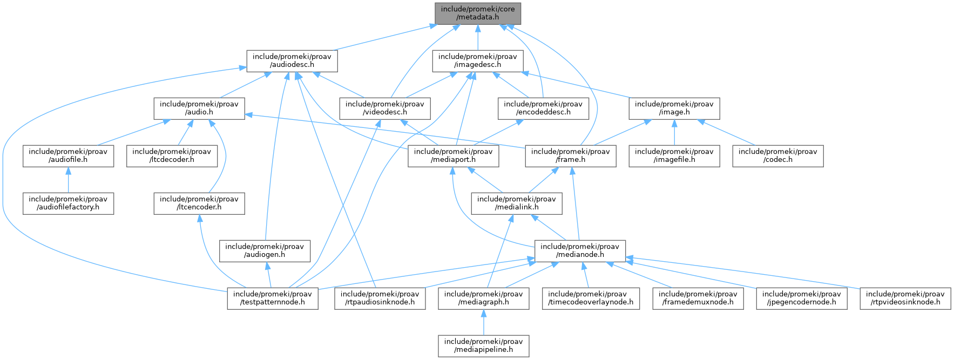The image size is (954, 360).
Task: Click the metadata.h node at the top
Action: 477,13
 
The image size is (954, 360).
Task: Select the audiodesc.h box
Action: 292,61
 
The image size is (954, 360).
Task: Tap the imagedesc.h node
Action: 477,61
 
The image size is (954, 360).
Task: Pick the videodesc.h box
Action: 384,108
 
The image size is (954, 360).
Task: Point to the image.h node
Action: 674,108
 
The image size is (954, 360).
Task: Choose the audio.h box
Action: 199,108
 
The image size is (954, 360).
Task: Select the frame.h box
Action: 571,156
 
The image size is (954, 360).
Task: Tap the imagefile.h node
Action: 674,156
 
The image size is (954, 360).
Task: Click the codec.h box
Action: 777,156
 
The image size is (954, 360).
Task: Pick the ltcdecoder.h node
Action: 172,156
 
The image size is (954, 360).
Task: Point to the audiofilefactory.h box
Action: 68,203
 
